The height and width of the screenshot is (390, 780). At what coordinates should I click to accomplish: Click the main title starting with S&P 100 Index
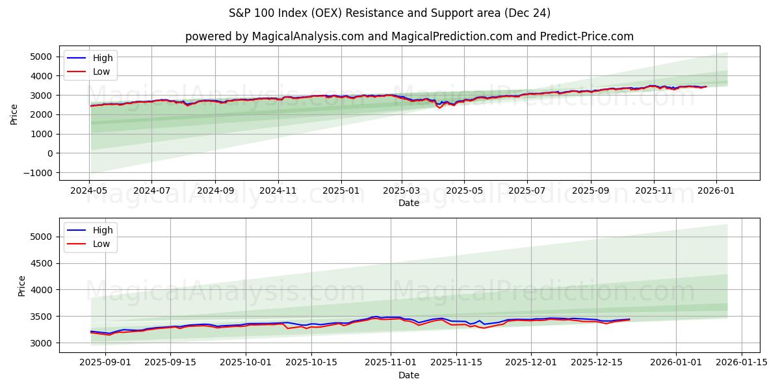click(389, 13)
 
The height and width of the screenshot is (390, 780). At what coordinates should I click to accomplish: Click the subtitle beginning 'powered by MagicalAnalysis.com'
click(409, 36)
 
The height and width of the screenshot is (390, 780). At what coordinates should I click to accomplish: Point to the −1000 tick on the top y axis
click(39, 173)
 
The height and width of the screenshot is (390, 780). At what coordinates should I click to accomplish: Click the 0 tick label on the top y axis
click(50, 153)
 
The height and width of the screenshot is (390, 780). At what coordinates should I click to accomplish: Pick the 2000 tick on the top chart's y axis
click(42, 115)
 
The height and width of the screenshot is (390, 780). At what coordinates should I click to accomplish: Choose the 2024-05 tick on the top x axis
click(89, 191)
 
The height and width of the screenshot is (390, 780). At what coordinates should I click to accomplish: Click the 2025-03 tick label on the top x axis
click(401, 191)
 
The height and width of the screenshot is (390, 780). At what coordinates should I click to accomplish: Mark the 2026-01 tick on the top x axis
click(716, 191)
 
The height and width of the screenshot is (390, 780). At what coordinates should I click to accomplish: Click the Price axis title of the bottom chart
click(22, 285)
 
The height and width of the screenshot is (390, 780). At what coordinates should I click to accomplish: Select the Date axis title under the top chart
click(409, 203)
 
